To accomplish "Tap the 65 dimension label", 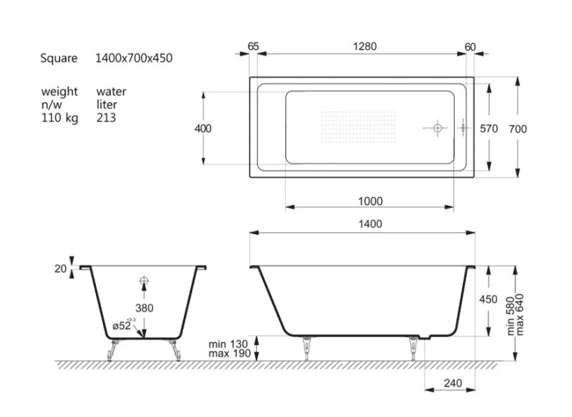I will (x=253, y=47).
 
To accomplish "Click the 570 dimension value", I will (x=490, y=129).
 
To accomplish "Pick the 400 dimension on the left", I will (x=203, y=129).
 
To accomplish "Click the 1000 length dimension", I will (x=370, y=202).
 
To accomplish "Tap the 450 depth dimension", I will (x=488, y=300).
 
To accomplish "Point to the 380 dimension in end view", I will (x=144, y=308).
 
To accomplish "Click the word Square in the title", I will (x=58, y=58).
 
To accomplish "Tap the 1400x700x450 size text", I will (x=134, y=58).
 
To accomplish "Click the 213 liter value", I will (x=106, y=118).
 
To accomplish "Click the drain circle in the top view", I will (x=437, y=129).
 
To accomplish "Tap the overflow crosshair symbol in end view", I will (x=144, y=281).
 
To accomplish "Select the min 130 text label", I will (x=227, y=344).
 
